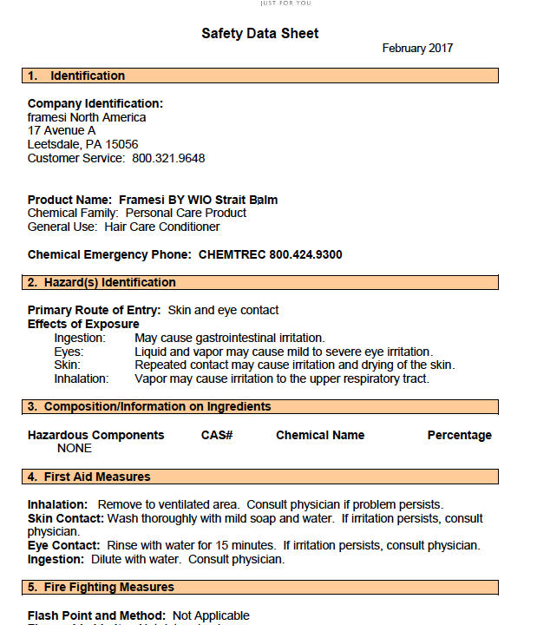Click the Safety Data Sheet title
[x=260, y=34]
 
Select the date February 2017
[x=417, y=49]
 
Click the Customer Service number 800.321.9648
[x=168, y=159]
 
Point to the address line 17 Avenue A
[x=62, y=131]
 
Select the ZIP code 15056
[x=122, y=145]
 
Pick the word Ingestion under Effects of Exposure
[x=80, y=338]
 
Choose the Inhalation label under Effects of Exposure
[x=82, y=379]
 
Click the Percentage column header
[x=459, y=436]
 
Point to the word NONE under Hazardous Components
[x=75, y=449]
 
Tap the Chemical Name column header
[x=320, y=436]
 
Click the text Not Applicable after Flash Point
[x=211, y=616]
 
